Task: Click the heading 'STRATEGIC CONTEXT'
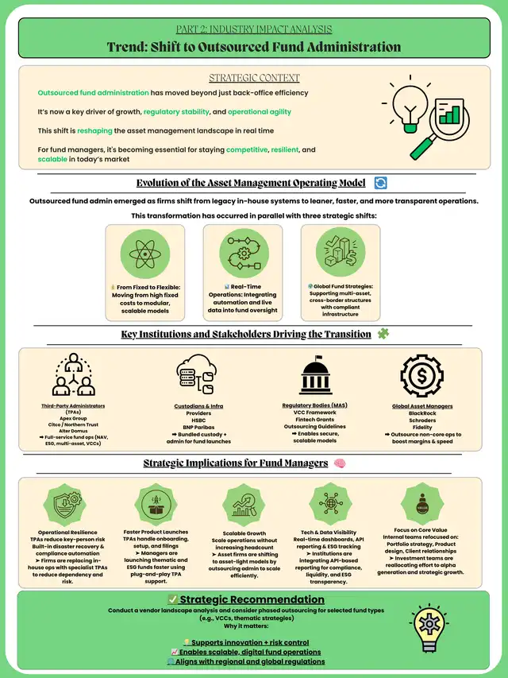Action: (254, 78)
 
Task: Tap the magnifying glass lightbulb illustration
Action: (420, 119)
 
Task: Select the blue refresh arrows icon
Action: (380, 183)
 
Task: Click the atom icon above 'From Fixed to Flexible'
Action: (145, 255)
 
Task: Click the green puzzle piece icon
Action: (384, 334)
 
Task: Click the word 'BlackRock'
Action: (423, 413)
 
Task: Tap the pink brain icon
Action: (340, 463)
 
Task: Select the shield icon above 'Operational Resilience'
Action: (68, 503)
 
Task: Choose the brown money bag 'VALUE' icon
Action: (423, 502)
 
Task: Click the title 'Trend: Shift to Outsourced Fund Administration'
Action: (254, 46)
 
